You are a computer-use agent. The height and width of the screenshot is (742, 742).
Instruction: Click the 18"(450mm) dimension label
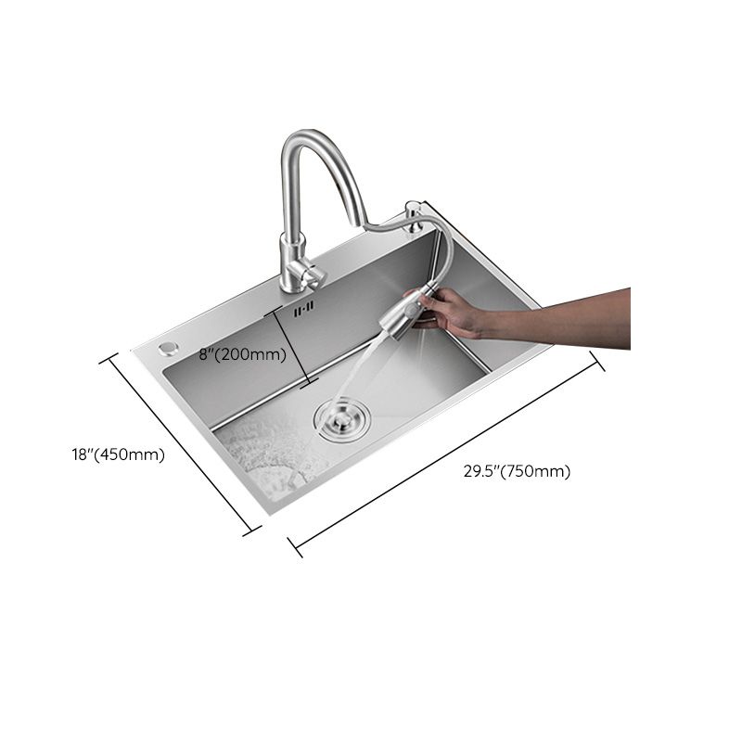(x=118, y=454)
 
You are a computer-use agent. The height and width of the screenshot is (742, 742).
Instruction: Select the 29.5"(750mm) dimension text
(x=517, y=471)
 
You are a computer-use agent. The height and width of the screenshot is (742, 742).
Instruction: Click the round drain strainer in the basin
(x=340, y=418)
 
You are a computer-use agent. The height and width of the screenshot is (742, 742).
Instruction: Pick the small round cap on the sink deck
(x=169, y=348)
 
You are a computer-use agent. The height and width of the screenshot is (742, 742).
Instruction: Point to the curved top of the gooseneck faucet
(x=315, y=139)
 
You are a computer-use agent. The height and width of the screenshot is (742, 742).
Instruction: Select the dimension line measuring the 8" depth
(x=289, y=348)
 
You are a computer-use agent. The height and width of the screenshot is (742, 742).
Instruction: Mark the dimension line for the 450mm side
(x=182, y=443)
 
